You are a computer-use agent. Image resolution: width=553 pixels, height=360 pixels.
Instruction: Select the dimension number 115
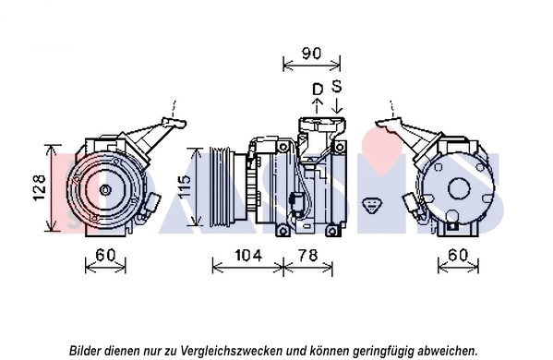point(185,188)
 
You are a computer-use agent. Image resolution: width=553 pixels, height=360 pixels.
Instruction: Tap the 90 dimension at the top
point(312,54)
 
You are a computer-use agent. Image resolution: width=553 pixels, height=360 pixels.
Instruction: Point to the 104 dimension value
point(247,255)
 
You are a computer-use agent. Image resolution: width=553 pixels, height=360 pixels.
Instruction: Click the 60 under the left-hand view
point(105,255)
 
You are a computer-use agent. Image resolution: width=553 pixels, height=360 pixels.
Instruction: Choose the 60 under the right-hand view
point(456,255)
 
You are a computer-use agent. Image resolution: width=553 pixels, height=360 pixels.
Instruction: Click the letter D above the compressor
point(317,89)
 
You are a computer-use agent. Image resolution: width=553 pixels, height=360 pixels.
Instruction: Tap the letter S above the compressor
point(337,87)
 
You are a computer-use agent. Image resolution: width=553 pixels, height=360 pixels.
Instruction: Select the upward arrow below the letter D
point(317,104)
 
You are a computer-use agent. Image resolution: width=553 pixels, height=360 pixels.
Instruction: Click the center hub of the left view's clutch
point(105,189)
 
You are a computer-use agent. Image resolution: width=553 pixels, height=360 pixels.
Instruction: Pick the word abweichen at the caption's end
point(447,350)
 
